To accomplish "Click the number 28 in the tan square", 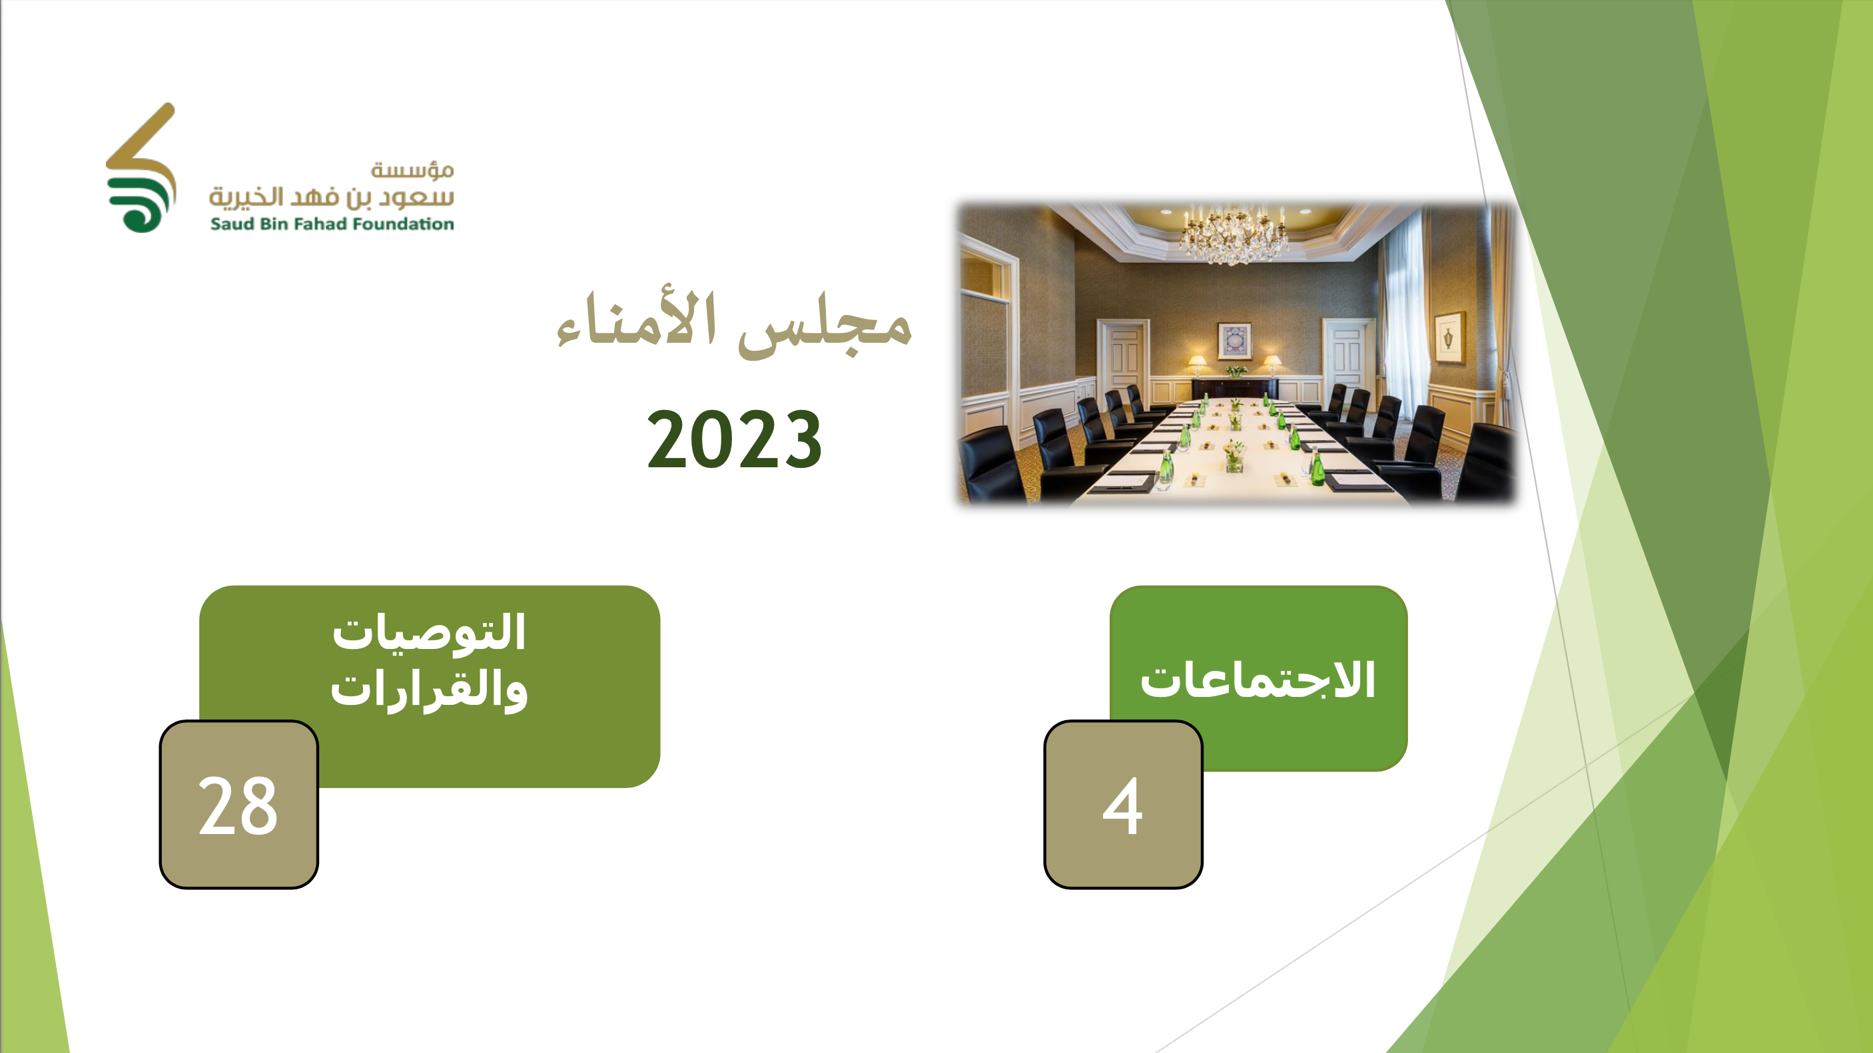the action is coord(238,805).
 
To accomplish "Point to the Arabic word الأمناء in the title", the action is coord(637,319).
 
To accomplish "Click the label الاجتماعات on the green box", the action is coord(1258,680).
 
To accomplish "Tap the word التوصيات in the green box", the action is coord(429,632).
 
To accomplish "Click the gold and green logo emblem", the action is coord(141,168).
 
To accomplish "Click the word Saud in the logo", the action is coord(232,224).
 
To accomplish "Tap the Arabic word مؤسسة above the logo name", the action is coord(412,170).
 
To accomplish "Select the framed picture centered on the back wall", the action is coord(1234,341).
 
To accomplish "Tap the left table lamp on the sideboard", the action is coord(1197,365).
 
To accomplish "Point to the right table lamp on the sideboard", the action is coord(1272,365).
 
